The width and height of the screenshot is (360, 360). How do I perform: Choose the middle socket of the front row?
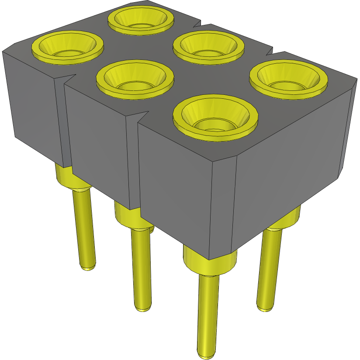[x=135, y=77]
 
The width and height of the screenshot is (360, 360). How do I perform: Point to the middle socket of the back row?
[x=208, y=47]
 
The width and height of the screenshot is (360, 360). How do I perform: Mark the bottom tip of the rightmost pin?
[x=266, y=308]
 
